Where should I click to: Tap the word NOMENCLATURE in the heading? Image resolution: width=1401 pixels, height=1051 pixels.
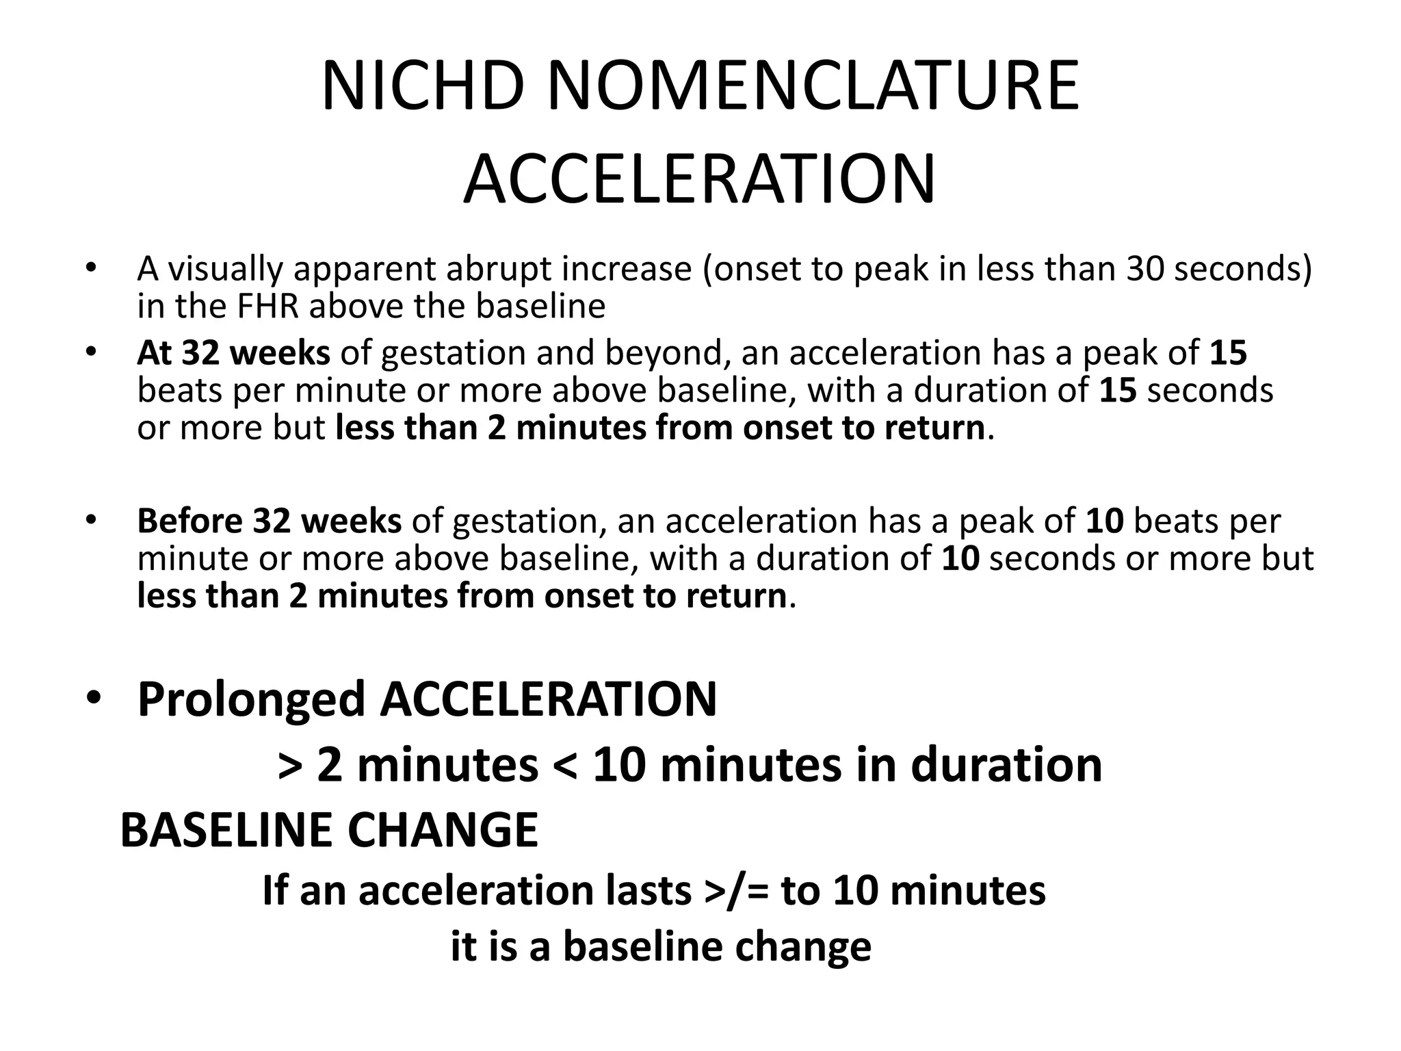(813, 87)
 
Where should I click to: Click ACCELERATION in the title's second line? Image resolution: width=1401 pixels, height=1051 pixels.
(700, 180)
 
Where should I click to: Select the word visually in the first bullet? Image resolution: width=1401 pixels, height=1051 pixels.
(225, 269)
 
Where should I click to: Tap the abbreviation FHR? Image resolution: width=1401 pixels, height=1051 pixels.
(268, 306)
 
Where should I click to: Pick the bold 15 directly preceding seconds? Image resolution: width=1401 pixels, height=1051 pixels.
(1118, 390)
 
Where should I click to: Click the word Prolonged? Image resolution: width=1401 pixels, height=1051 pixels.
(251, 699)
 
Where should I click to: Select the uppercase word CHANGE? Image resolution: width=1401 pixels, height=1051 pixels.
(443, 830)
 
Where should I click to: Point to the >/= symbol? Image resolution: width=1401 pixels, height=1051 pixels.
(736, 891)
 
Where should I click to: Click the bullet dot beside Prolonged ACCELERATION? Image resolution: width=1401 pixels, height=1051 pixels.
(93, 699)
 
